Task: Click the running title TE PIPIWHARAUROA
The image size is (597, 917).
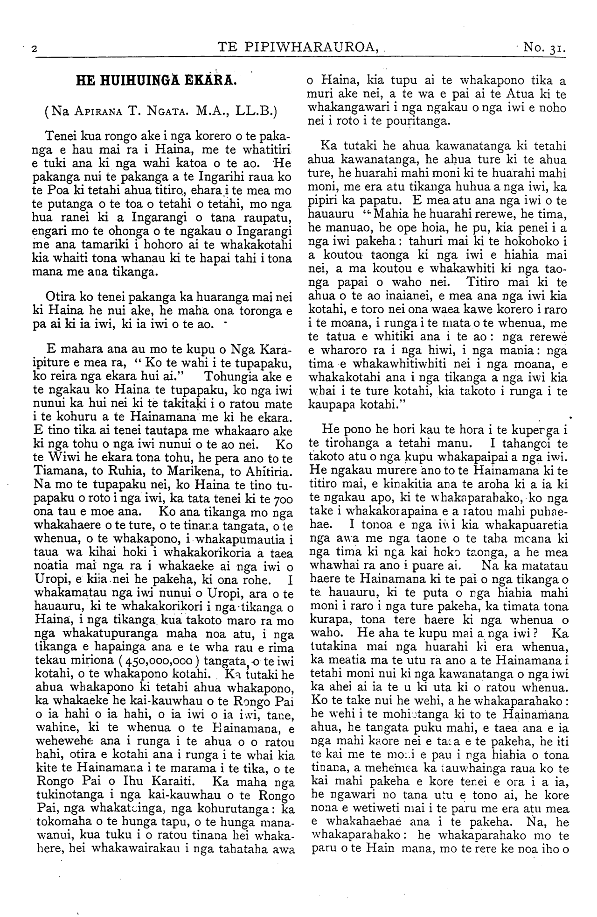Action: [x=298, y=47]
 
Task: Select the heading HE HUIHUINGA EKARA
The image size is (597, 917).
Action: [x=157, y=80]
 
